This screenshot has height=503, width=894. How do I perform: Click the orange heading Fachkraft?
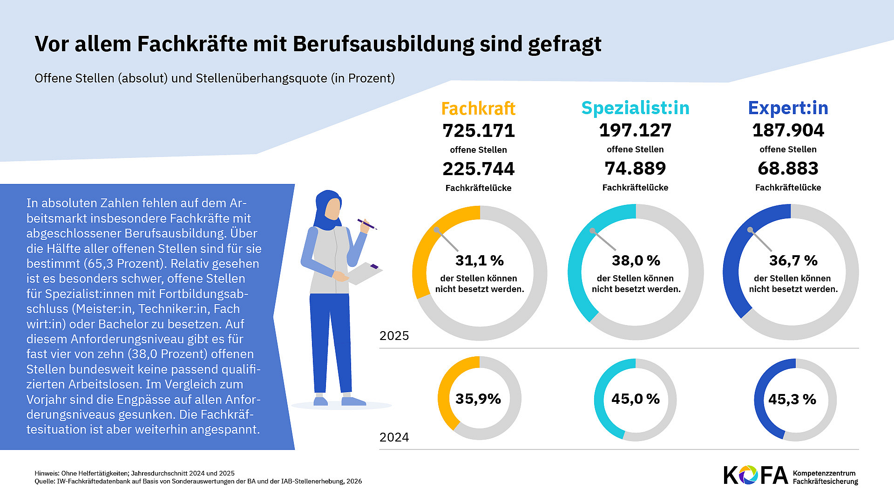point(478,109)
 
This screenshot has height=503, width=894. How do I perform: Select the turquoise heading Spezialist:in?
point(635,108)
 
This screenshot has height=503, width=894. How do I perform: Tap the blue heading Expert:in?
point(788,108)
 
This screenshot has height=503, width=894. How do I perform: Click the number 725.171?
point(479,131)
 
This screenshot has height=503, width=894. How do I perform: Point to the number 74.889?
point(635,169)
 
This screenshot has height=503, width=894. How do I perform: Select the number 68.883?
point(788,169)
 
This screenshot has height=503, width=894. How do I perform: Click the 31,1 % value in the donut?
point(479,260)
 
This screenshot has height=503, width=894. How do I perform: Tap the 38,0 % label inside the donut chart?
point(636,260)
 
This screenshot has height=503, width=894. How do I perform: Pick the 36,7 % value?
point(793,260)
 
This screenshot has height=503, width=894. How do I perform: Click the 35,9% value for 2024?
point(478,399)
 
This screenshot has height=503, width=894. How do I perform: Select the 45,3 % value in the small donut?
point(792,399)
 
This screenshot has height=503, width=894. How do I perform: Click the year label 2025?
point(394,336)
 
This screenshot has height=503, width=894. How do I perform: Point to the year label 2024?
point(394,437)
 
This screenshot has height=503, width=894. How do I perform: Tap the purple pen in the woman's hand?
point(366,224)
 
